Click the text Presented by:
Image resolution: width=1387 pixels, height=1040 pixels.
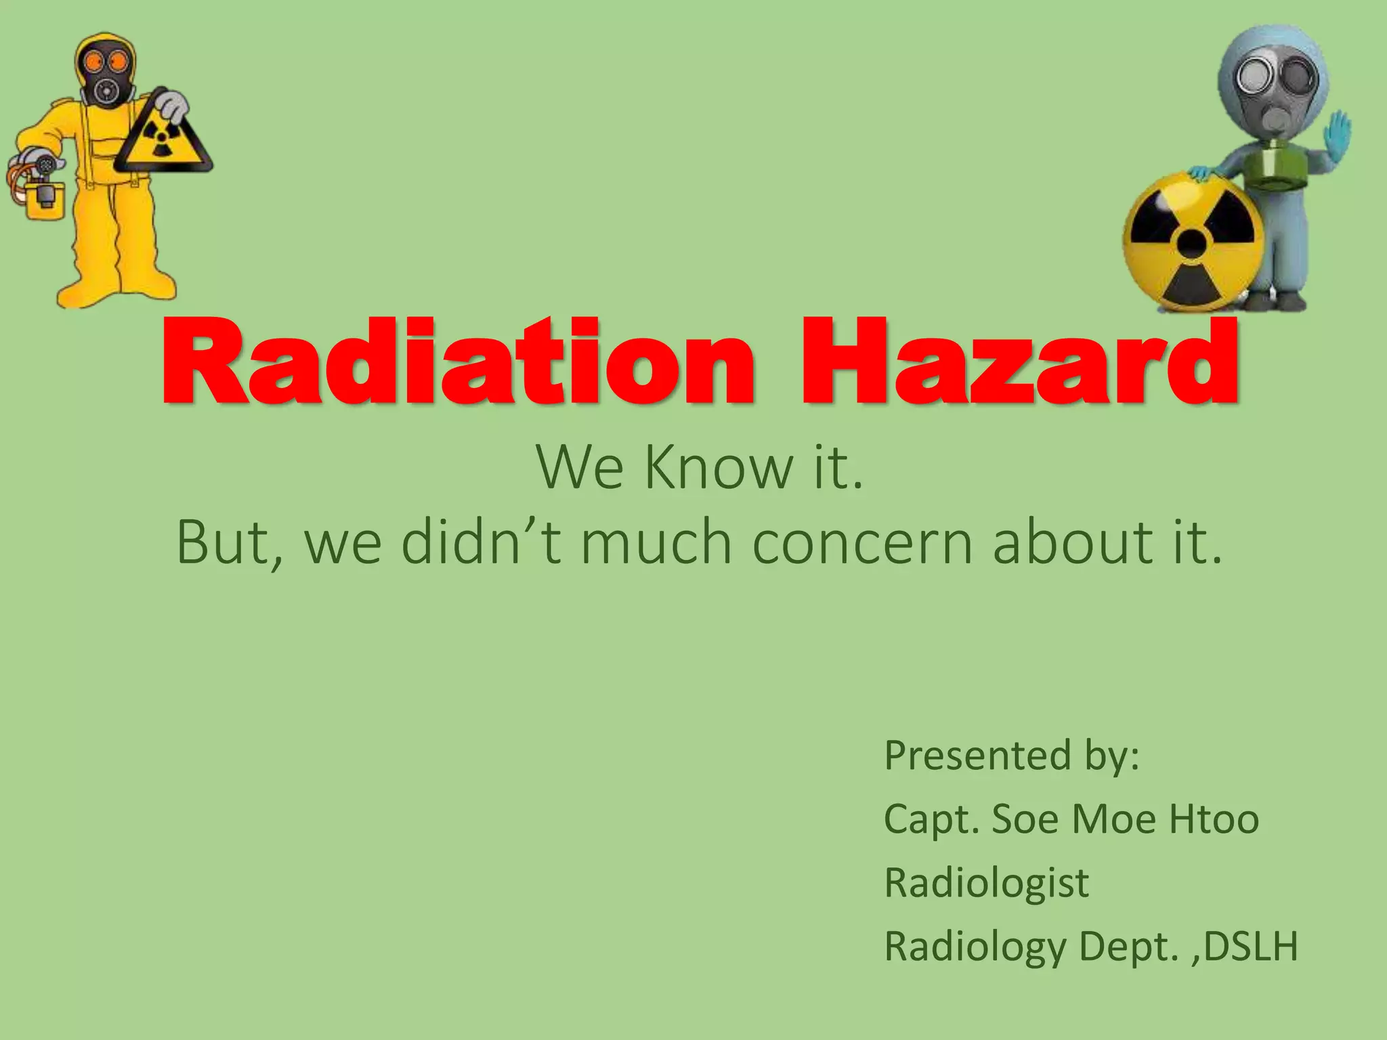coord(1012,756)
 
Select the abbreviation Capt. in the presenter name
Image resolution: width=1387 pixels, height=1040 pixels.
coord(932,821)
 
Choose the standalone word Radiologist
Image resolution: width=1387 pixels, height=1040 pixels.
coord(987,884)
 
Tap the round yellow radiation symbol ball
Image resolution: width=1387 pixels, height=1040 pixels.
coord(1193,242)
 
